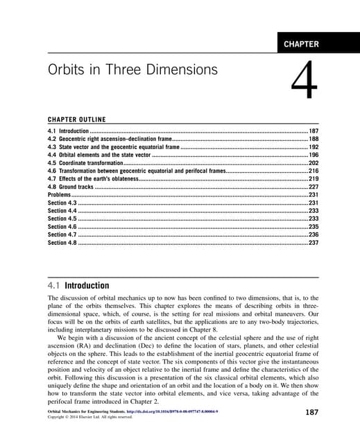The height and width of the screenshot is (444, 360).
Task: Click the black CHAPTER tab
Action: (301, 44)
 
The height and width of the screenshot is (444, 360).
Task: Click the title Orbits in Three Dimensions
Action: (132, 71)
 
